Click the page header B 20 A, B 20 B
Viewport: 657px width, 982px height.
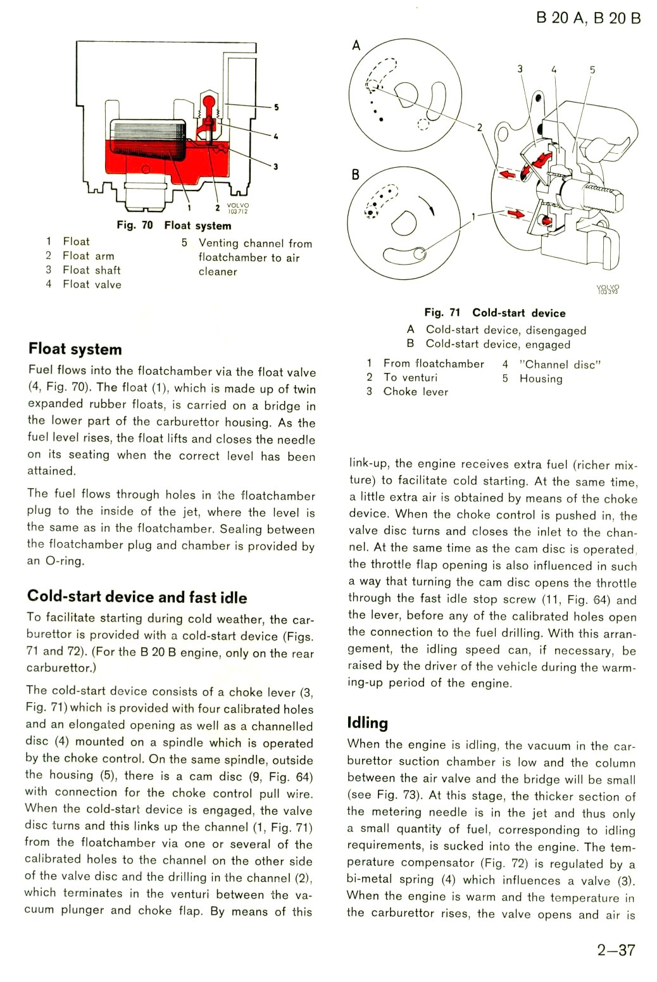pyautogui.click(x=588, y=18)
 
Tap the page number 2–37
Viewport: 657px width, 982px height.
pyautogui.click(x=616, y=950)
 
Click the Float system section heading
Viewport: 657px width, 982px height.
pyautogui.click(x=75, y=349)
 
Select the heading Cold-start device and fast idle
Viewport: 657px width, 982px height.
pyautogui.click(x=137, y=597)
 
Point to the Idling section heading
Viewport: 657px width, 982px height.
pyautogui.click(x=367, y=723)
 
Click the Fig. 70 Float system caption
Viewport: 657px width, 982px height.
pyautogui.click(x=174, y=225)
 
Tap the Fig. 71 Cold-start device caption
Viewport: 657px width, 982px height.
pyautogui.click(x=494, y=313)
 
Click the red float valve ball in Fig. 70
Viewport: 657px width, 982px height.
pyautogui.click(x=208, y=101)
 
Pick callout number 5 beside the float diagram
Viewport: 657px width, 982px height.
pyautogui.click(x=276, y=107)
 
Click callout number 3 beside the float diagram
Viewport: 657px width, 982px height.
pyautogui.click(x=275, y=167)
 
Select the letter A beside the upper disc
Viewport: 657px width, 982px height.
pyautogui.click(x=356, y=46)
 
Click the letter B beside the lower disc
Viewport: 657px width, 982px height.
pyautogui.click(x=355, y=175)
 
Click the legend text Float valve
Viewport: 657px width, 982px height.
pyautogui.click(x=92, y=285)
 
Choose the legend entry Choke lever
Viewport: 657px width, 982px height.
pyautogui.click(x=415, y=392)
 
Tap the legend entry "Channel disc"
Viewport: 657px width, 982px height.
pyautogui.click(x=560, y=365)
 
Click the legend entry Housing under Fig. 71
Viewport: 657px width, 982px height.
pyautogui.click(x=541, y=379)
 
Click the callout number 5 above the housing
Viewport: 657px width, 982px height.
pyautogui.click(x=592, y=70)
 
